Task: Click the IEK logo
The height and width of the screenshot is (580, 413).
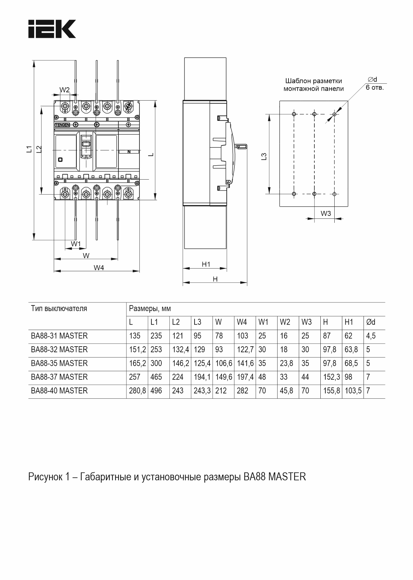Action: tap(52, 29)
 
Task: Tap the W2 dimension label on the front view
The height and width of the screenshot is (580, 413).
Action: tap(64, 90)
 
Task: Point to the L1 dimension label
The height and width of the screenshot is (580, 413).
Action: tap(29, 149)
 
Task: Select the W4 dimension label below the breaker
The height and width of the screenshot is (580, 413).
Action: tap(99, 268)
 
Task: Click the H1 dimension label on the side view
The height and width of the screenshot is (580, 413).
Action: tap(206, 264)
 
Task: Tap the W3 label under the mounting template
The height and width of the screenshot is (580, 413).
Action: tap(326, 213)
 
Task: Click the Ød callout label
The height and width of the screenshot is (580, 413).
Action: tap(372, 80)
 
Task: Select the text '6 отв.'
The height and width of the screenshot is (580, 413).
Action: tap(374, 88)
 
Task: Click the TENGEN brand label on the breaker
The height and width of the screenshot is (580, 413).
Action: tap(62, 124)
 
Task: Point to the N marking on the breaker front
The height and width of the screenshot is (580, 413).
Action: tap(129, 152)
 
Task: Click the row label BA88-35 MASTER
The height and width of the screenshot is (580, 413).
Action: tap(59, 363)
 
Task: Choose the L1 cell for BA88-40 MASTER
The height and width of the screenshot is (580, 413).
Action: tap(156, 391)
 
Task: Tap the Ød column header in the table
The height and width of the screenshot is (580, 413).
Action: tap(371, 322)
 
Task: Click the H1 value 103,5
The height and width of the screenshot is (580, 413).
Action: tap(353, 391)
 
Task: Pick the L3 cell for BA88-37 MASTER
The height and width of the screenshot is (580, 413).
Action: tap(202, 377)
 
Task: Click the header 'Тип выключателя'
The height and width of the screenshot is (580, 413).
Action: tap(59, 308)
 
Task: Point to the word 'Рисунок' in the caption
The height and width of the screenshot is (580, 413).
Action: tap(45, 477)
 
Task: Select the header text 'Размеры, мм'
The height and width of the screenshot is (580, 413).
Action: tap(150, 309)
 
